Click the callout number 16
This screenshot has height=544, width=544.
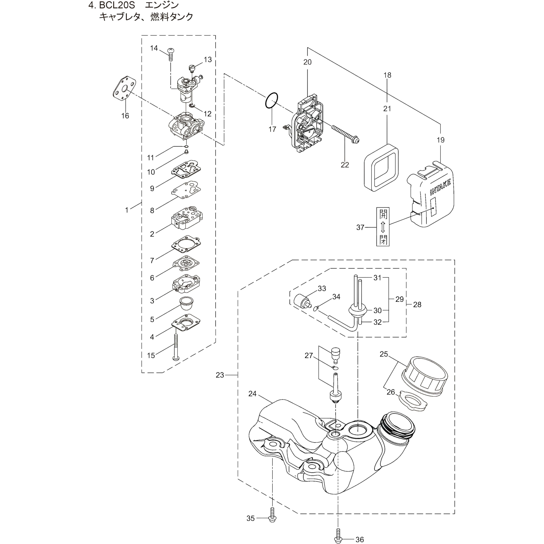(125, 116)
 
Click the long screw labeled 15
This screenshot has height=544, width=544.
(176, 347)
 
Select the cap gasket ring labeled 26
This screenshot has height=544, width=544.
(413, 404)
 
